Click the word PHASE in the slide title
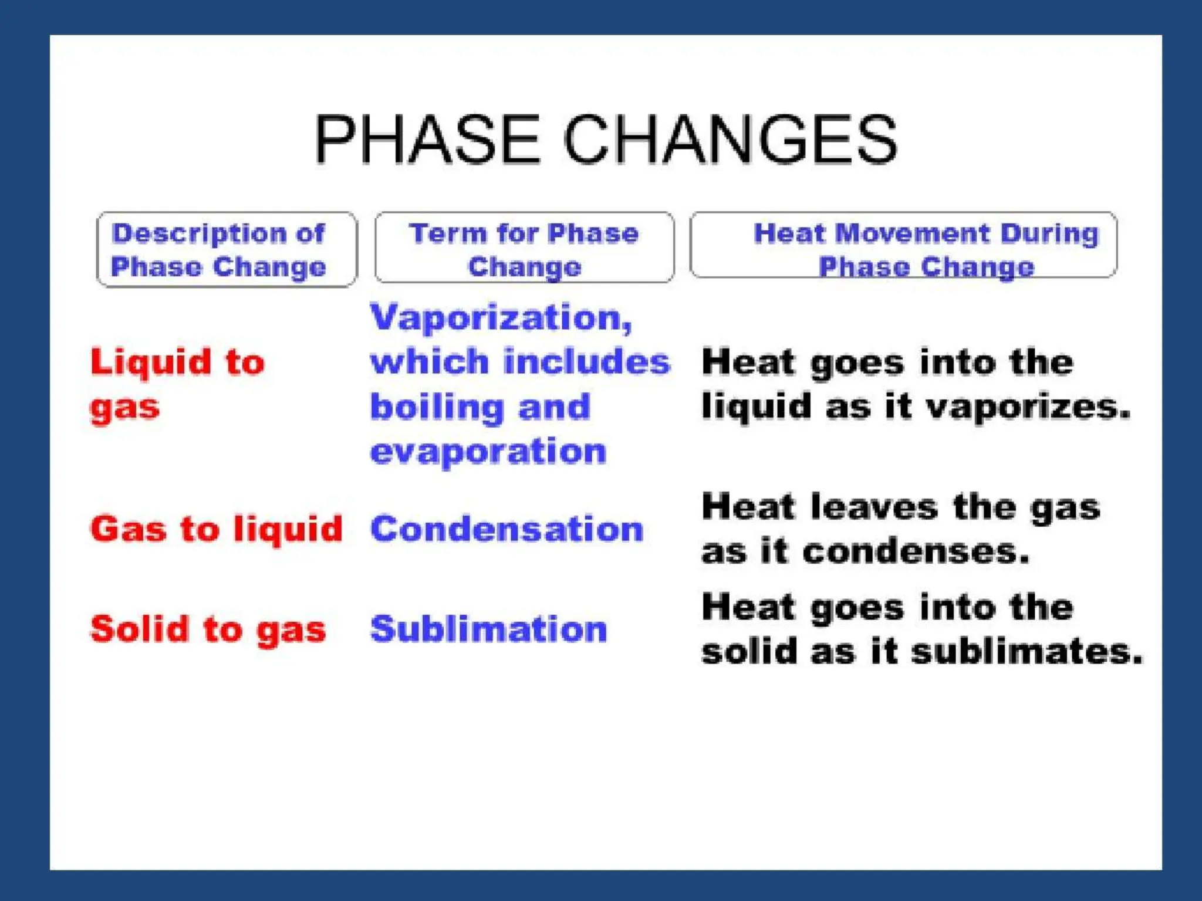point(427,139)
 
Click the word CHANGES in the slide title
point(730,139)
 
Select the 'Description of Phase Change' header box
point(227,249)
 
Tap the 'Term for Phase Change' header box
point(524,248)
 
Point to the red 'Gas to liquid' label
point(216,529)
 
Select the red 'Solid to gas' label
point(208,629)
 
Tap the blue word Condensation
point(507,529)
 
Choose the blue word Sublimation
point(488,629)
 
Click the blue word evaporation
point(488,451)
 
